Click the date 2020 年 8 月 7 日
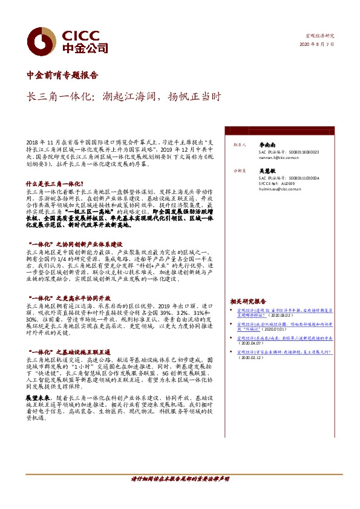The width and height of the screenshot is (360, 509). pos(316,45)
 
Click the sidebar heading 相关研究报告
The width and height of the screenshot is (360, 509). pos(248,300)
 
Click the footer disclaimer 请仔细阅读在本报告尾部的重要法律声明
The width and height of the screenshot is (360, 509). pos(180,478)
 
